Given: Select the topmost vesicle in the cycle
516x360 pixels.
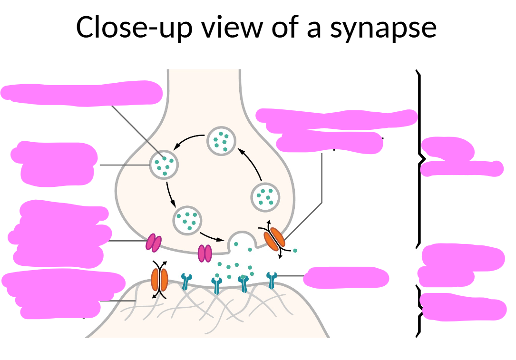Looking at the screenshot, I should [221, 140].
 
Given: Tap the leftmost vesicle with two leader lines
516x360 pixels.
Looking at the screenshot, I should [164, 165].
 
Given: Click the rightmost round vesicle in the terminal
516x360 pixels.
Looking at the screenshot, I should [264, 196].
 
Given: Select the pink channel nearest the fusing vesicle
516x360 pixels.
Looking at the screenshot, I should [205, 253].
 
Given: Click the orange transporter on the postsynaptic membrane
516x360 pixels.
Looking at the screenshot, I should [159, 280].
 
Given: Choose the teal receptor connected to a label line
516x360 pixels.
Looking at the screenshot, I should [272, 280].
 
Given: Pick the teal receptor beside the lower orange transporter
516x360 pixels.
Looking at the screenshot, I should [186, 282].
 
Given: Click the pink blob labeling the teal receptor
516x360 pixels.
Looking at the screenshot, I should [346, 277].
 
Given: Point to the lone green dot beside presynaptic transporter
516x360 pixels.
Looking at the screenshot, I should [295, 250].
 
